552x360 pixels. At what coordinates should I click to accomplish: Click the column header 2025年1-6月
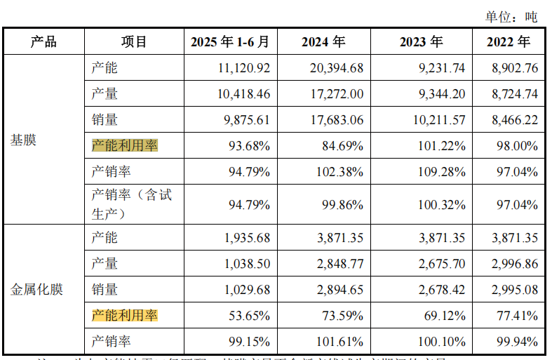pyautogui.click(x=229, y=41)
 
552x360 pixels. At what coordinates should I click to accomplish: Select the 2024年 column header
pyautogui.click(x=323, y=41)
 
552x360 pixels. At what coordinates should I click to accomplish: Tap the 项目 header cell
pyautogui.click(x=133, y=41)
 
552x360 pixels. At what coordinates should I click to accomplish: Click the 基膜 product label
pyautogui.click(x=23, y=140)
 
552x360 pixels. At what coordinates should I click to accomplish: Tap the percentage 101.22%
pyautogui.click(x=442, y=146)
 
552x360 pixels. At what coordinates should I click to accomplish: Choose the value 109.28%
pyautogui.click(x=442, y=172)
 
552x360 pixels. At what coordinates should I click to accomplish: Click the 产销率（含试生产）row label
pyautogui.click(x=131, y=204)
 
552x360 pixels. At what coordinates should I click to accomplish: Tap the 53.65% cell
pyautogui.click(x=248, y=316)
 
